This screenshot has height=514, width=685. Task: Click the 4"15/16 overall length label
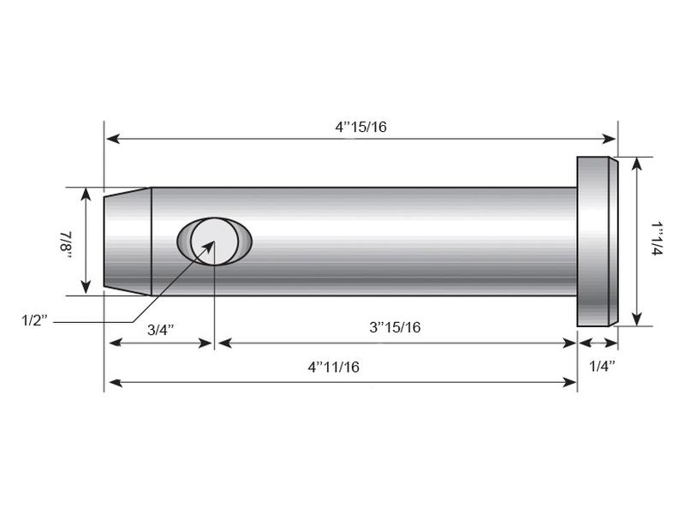pos(360,126)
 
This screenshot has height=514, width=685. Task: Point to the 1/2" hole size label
pos(37,320)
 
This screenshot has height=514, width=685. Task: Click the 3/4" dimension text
pos(161,329)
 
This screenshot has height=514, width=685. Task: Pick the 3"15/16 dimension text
pos(395,327)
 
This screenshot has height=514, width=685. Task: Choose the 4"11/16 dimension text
pos(333,367)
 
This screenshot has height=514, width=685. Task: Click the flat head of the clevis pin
pos(597,242)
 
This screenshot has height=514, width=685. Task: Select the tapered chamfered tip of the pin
pos(128,242)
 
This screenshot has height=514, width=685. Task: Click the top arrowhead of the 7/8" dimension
pos(86,193)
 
